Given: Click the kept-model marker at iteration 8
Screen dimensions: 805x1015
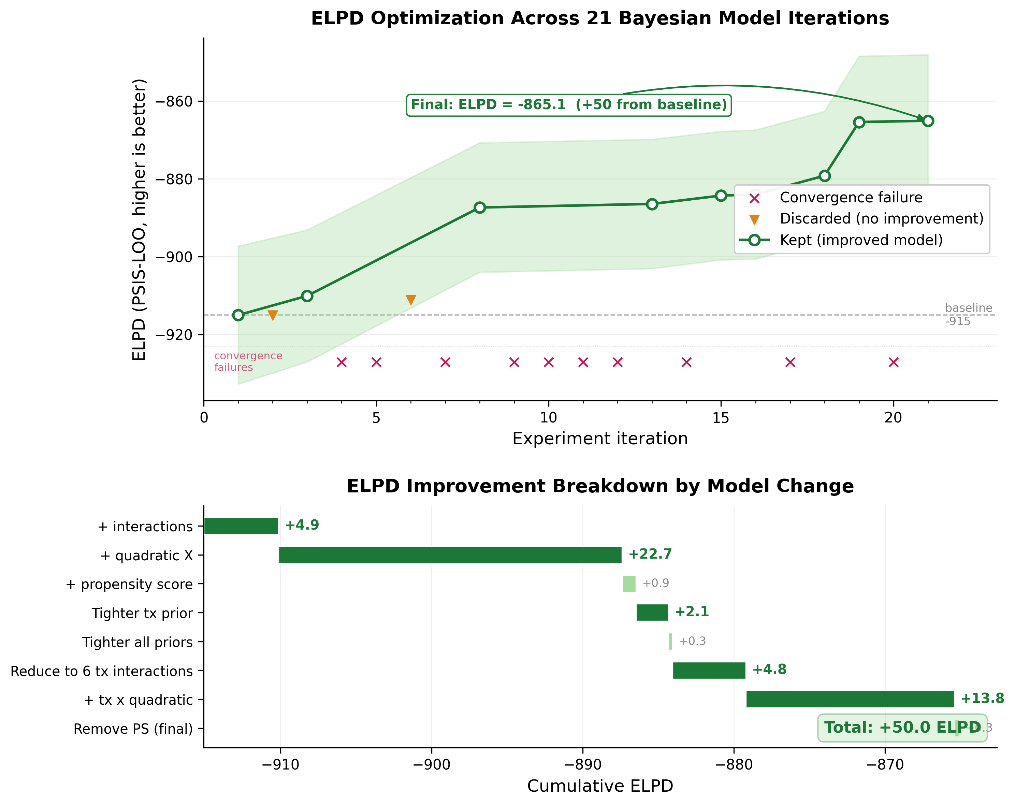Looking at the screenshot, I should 479,207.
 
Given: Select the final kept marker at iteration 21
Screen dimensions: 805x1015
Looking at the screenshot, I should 927,121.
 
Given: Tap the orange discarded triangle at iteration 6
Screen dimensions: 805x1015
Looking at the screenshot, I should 410,299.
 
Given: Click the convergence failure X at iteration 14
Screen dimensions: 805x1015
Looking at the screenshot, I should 686,362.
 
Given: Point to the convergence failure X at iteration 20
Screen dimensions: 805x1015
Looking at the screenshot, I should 893,362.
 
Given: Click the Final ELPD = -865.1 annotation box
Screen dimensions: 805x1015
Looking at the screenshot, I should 569,104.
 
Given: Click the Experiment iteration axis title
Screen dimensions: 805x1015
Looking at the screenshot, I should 600,439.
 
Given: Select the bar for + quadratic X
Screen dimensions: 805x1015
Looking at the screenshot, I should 450,555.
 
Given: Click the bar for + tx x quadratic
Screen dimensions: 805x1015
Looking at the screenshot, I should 850,699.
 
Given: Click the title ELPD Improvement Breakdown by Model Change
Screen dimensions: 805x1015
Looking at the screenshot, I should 600,486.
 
